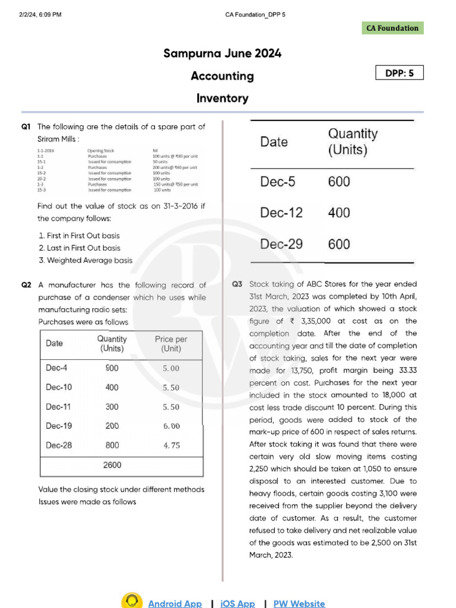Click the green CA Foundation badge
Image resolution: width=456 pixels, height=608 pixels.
(392, 28)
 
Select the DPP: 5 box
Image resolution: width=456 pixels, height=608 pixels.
(400, 73)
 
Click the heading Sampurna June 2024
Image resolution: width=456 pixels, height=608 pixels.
(222, 54)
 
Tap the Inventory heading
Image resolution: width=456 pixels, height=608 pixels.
(222, 99)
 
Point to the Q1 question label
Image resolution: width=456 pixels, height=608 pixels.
(26, 126)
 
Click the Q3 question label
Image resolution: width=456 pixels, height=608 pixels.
(237, 284)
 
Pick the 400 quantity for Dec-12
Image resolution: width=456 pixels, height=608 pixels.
(339, 213)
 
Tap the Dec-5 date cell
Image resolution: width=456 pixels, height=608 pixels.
(277, 182)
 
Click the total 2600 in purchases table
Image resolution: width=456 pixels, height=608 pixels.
(112, 465)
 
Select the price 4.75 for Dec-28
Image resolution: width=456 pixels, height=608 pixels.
(171, 445)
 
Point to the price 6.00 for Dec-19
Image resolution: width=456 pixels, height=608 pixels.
(171, 426)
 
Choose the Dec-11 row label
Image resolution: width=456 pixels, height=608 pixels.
(59, 407)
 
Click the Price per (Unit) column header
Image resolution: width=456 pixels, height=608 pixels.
(171, 344)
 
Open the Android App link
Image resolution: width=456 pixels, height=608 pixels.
(175, 603)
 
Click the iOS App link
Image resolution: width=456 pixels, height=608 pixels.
(237, 603)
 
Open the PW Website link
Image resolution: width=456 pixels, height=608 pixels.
(299, 603)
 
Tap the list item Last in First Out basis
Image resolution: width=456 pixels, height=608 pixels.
(79, 248)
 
